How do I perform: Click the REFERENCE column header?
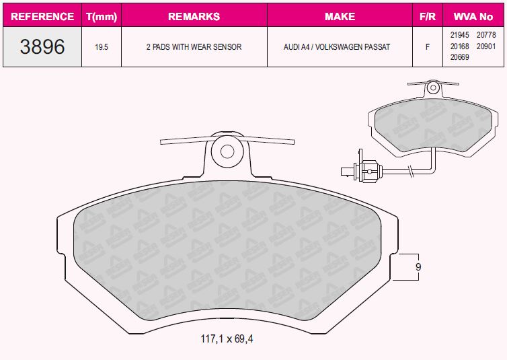(42, 17)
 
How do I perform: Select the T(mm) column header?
(102, 17)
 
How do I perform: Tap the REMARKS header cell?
(194, 17)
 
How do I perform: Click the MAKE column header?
(340, 17)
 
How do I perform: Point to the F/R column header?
(428, 17)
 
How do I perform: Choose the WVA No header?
(473, 17)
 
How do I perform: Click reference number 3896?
(42, 46)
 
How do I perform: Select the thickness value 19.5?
(102, 47)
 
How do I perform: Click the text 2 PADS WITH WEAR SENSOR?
(194, 47)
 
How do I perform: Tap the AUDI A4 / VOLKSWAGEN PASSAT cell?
(337, 47)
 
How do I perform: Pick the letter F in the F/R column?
(428, 47)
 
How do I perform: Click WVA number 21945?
(459, 35)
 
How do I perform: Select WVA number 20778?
(486, 35)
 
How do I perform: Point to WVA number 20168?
(459, 46)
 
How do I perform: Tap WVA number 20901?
(486, 46)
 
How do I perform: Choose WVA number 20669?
(459, 57)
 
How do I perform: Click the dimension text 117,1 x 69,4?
(227, 339)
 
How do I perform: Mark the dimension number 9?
(418, 267)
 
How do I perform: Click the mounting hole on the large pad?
(227, 151)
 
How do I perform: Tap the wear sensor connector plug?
(362, 169)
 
